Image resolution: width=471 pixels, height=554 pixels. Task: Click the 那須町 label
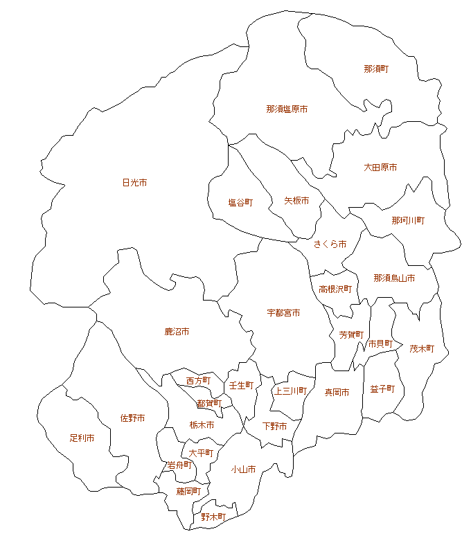376,69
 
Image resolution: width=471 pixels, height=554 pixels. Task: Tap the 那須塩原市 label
287,109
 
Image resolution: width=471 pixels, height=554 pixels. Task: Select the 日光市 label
134,183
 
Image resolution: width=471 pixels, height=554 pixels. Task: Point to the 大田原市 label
380,168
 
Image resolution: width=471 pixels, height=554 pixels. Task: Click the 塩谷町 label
240,203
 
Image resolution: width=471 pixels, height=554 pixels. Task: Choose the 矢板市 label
296,201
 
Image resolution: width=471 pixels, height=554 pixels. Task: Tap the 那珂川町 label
408,220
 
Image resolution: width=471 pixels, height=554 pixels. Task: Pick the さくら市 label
330,244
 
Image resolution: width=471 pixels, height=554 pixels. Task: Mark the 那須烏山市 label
394,278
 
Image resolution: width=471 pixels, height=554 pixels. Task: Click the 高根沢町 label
335,289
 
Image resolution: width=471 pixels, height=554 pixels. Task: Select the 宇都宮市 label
283,313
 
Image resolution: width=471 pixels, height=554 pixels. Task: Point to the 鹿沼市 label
177,332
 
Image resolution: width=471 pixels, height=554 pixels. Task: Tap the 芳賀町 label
351,334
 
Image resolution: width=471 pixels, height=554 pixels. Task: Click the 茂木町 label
422,349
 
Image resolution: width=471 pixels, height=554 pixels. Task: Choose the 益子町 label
382,389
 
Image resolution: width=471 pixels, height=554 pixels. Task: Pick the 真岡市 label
337,392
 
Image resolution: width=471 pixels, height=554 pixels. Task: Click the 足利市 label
82,438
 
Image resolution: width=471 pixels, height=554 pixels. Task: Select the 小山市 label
243,470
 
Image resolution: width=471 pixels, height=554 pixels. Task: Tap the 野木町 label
213,517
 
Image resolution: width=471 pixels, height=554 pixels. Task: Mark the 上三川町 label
290,391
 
